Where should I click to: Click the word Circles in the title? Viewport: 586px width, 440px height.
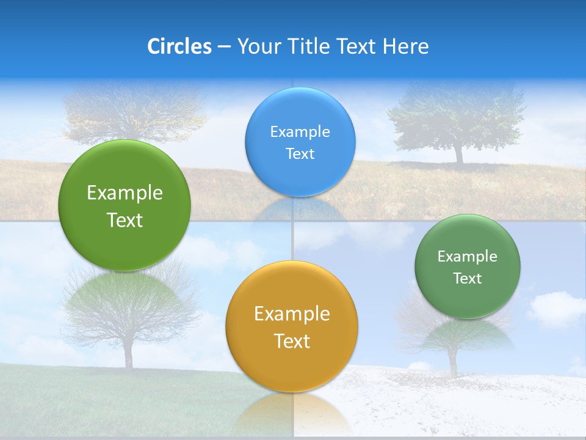tap(179, 46)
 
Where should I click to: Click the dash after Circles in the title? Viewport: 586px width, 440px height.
tap(224, 47)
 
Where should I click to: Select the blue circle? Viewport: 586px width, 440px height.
tap(300, 142)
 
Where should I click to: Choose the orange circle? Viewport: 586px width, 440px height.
tap(292, 326)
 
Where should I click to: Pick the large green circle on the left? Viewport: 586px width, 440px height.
tap(125, 205)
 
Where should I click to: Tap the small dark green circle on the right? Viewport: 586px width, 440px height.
tap(468, 266)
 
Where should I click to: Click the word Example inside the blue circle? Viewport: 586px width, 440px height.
tap(300, 131)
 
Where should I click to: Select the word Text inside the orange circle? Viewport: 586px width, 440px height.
tap(292, 341)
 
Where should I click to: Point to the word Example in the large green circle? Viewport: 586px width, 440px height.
tap(125, 193)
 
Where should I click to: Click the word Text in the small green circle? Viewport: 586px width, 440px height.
tap(468, 279)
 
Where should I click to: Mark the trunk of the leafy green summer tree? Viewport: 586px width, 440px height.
tap(458, 153)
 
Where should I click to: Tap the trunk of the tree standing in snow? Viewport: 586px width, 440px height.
tap(452, 364)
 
